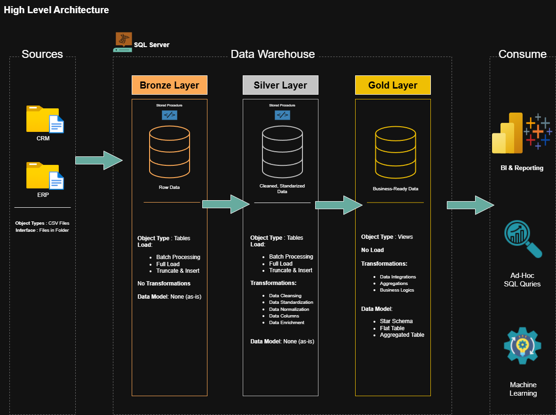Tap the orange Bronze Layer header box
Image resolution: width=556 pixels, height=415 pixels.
tap(169, 85)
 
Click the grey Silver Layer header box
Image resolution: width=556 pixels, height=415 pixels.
tap(280, 85)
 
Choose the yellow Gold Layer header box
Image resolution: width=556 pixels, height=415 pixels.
tap(393, 85)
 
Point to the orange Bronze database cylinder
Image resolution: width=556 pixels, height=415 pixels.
tap(169, 151)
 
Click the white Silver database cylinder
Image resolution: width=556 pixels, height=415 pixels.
tap(282, 151)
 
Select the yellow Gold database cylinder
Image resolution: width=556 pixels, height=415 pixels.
tap(395, 151)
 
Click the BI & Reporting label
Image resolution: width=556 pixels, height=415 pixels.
tap(522, 168)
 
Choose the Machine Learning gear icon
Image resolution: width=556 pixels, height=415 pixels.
tap(522, 346)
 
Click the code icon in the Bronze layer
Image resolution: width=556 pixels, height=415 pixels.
tap(169, 115)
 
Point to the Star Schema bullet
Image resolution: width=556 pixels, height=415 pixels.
tap(396, 321)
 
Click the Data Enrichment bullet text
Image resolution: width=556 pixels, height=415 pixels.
tap(286, 323)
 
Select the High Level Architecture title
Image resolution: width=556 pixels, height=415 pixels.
tap(56, 10)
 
